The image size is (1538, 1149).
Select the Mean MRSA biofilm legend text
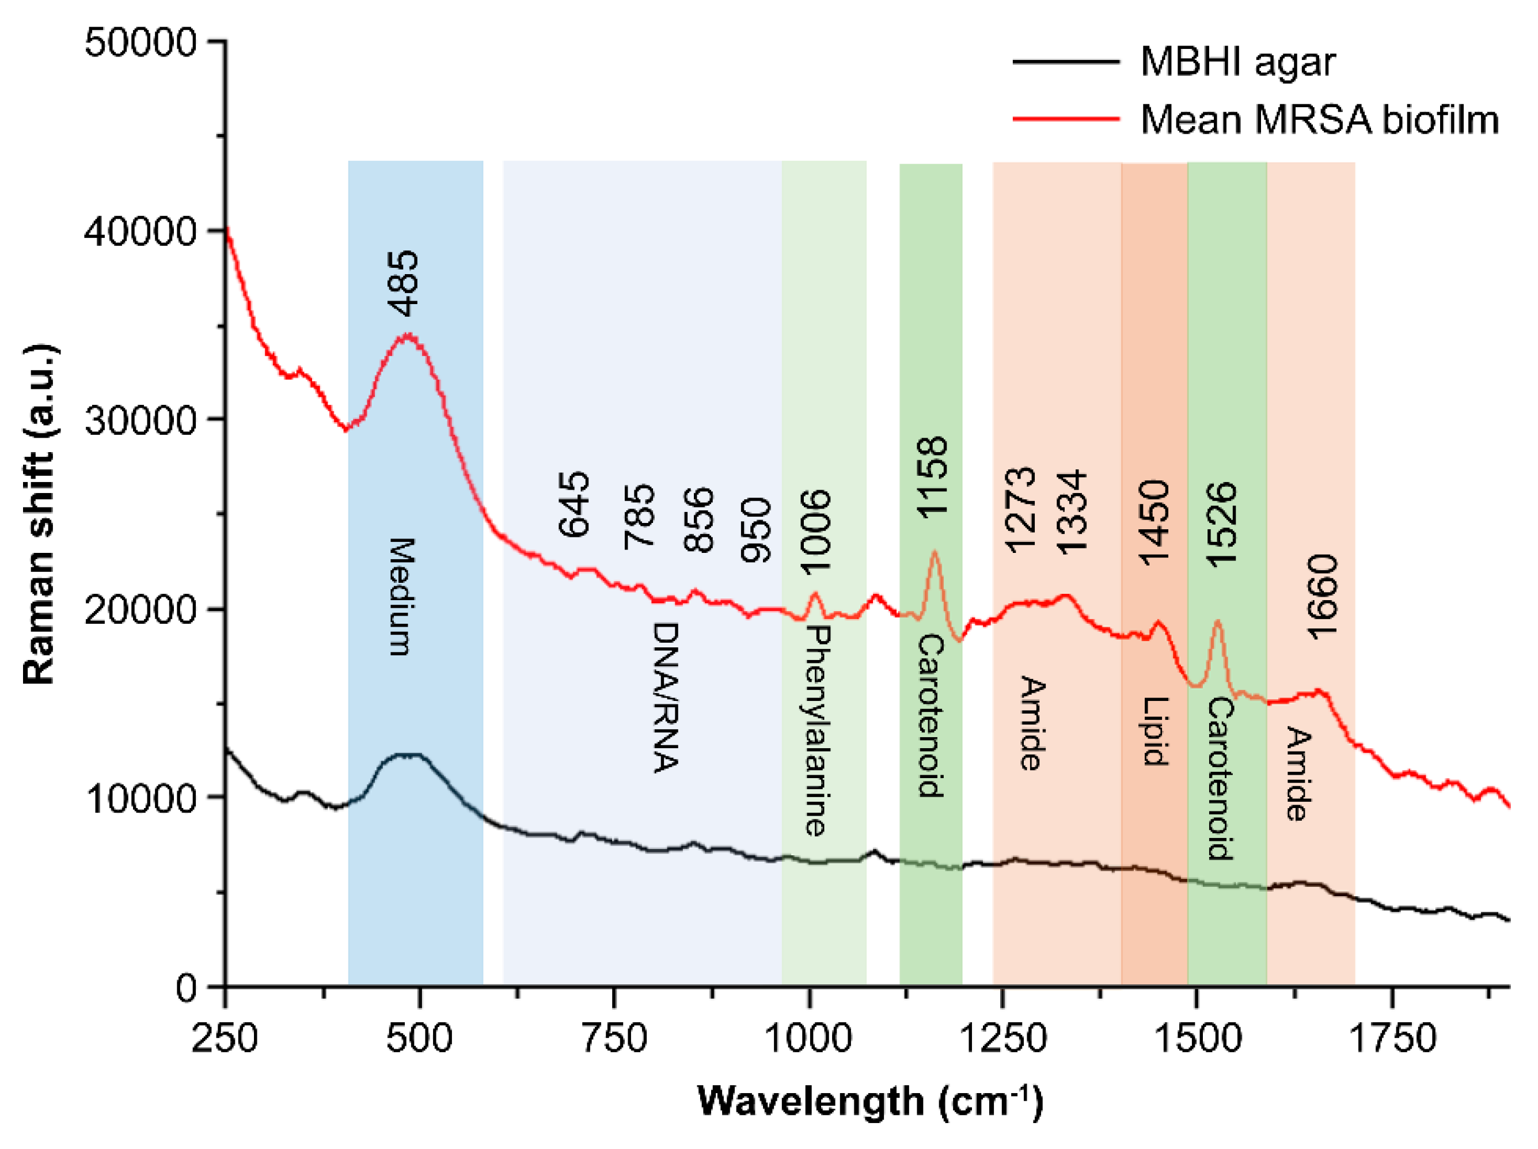pyautogui.click(x=1319, y=120)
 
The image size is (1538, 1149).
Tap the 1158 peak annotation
pyautogui.click(x=932, y=476)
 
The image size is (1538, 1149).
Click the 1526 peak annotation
pyautogui.click(x=1221, y=524)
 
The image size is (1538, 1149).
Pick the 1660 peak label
pyautogui.click(x=1321, y=596)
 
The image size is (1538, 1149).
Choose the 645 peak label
pyautogui.click(x=574, y=505)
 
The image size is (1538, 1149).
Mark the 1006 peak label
pyautogui.click(x=815, y=532)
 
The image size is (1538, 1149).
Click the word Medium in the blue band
pyautogui.click(x=401, y=596)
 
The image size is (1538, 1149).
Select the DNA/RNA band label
pyautogui.click(x=666, y=697)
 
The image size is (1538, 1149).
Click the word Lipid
pyautogui.click(x=1155, y=731)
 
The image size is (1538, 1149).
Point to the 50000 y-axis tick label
pyautogui.click(x=140, y=43)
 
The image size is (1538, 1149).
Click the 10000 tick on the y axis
pyautogui.click(x=140, y=798)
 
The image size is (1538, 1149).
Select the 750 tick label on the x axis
pyautogui.click(x=614, y=1039)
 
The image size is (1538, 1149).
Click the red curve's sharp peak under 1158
pyautogui.click(x=935, y=553)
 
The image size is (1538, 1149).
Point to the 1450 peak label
pyautogui.click(x=1154, y=522)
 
